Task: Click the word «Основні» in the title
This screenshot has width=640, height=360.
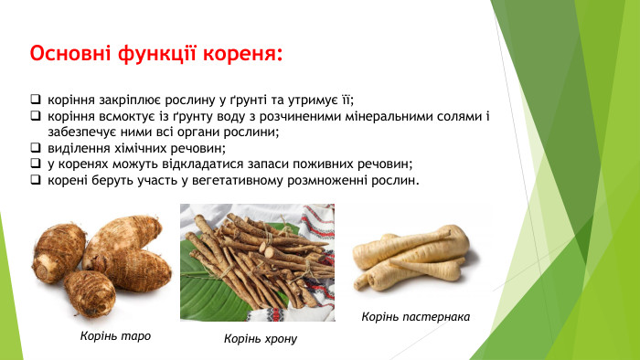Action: pos(69,53)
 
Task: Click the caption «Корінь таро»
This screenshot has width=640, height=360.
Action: pos(115,335)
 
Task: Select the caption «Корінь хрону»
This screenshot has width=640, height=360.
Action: pos(261,339)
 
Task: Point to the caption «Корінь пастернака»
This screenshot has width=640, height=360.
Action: pos(416,316)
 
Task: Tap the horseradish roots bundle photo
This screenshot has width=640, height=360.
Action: pos(257,262)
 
